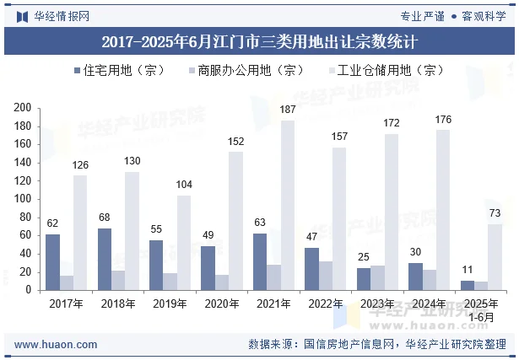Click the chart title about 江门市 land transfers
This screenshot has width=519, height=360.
coord(259,40)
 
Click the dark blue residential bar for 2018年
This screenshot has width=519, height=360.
coord(105,259)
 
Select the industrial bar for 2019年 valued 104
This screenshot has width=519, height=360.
coord(184,243)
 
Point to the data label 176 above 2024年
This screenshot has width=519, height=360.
coord(443,120)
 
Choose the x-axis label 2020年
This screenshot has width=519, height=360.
coord(222,304)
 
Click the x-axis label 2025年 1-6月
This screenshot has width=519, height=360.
coord(481,309)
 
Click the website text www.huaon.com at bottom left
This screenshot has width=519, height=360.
coord(56,344)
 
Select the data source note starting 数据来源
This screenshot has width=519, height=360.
coord(377,344)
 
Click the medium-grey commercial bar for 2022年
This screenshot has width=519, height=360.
coord(326,276)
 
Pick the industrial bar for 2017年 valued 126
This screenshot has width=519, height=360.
coord(80,233)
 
